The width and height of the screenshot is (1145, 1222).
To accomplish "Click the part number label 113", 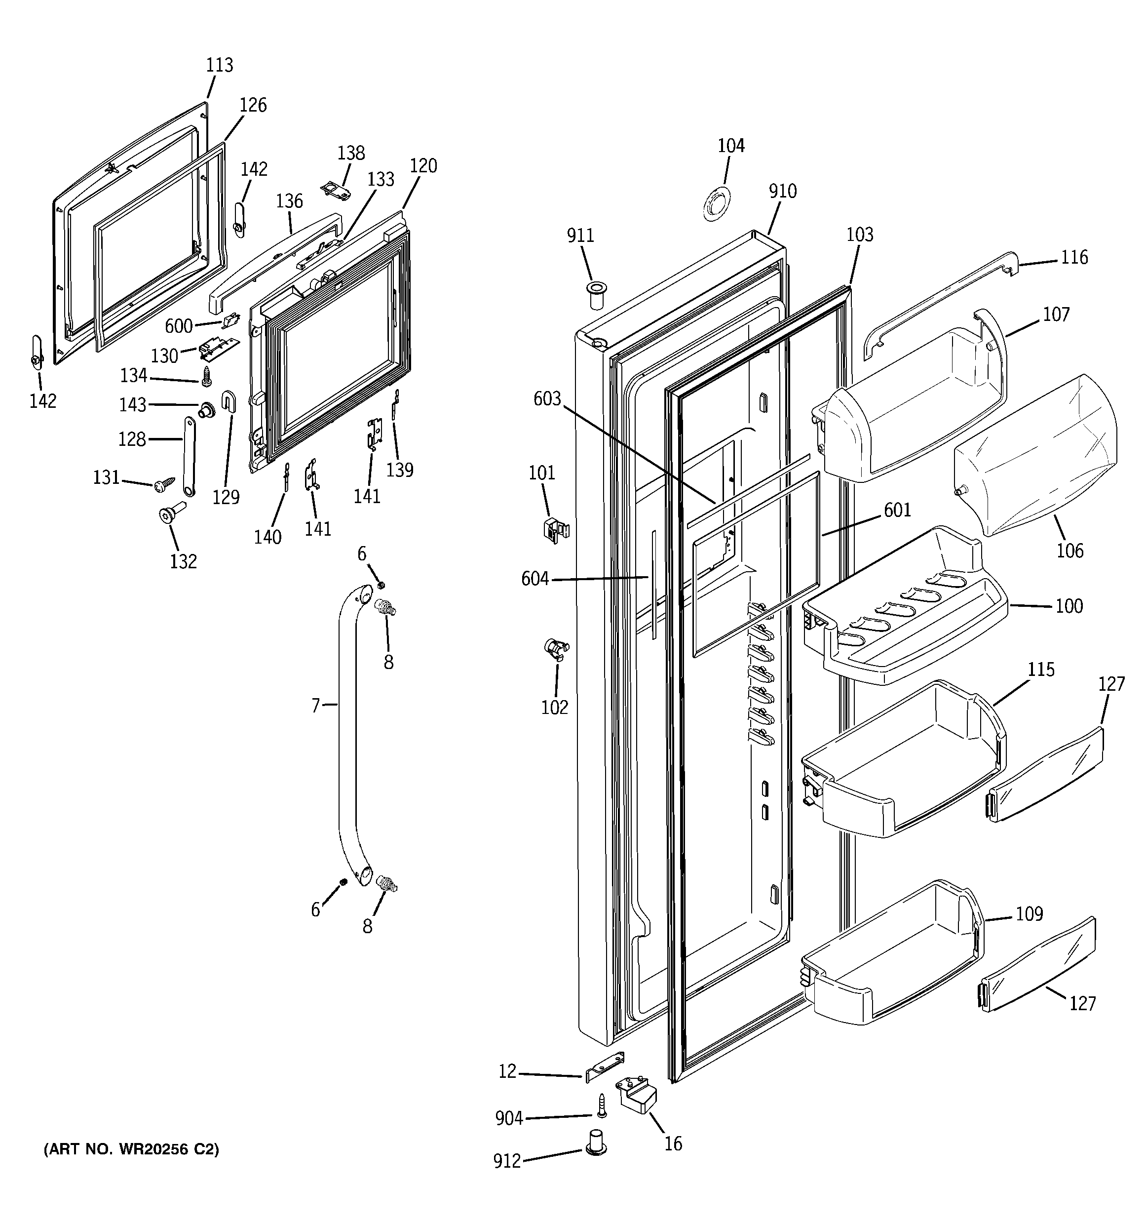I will coord(220,65).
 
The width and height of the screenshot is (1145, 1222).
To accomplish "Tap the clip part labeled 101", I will coord(556,529).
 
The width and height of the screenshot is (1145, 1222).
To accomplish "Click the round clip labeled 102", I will coord(556,648).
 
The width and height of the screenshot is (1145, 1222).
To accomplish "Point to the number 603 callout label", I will coord(547,399).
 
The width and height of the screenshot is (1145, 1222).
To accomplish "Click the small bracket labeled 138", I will coord(337,189).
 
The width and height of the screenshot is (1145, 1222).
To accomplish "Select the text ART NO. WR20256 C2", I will coord(131,1149).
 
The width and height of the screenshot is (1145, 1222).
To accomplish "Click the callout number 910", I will coord(782,191).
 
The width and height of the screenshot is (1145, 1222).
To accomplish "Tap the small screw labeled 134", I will coord(206,376).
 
